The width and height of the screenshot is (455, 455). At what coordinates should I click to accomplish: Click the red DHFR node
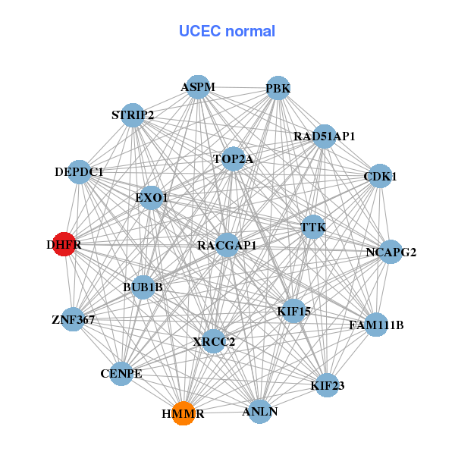[x=64, y=244]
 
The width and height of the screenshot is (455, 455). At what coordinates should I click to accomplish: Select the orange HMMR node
[x=183, y=413]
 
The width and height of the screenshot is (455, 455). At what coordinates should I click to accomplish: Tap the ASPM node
[x=199, y=87]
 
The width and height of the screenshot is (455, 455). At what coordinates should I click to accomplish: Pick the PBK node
[x=278, y=89]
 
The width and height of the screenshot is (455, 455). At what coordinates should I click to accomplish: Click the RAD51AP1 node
[x=325, y=136]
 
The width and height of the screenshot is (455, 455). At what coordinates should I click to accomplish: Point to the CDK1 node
[x=380, y=177]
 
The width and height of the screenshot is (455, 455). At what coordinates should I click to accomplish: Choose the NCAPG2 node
[x=391, y=252]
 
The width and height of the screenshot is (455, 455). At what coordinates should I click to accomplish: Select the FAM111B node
[x=376, y=325]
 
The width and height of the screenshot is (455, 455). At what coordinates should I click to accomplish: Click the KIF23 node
[x=328, y=385]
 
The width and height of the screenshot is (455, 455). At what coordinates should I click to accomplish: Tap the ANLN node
[x=260, y=411]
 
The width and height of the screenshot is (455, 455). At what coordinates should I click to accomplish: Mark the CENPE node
[x=121, y=373]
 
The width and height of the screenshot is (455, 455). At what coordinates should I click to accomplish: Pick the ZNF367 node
[x=74, y=319]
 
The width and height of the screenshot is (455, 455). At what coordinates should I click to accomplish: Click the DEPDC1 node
[x=79, y=172]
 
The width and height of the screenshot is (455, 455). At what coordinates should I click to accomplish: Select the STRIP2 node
[x=133, y=115]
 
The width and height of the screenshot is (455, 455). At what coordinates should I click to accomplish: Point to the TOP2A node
[x=233, y=159]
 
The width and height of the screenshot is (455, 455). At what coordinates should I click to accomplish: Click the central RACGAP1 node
[x=227, y=246]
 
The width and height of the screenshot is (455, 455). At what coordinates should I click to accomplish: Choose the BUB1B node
[x=143, y=287]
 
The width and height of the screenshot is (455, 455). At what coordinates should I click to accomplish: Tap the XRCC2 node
[x=214, y=341]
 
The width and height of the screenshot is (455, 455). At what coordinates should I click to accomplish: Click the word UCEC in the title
[x=197, y=31]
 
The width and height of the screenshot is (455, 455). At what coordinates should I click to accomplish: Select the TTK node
[x=313, y=227]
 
